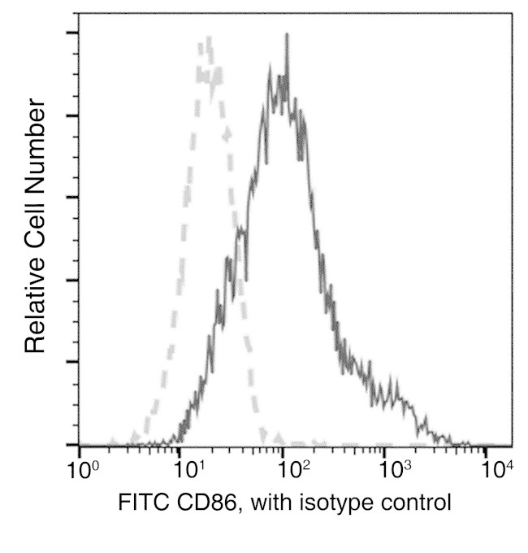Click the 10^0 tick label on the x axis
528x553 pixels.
pos(82,470)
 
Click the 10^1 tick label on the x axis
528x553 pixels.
pos(188,470)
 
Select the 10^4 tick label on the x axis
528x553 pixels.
pos(497,470)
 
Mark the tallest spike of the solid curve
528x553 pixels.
pos(287,35)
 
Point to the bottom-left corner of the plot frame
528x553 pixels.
pos(79,446)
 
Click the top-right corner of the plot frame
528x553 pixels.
pos(512,13)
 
